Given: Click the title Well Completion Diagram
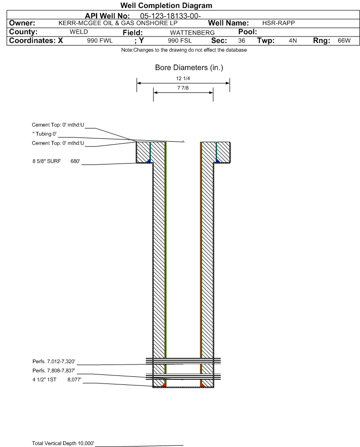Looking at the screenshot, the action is pyautogui.click(x=166, y=5).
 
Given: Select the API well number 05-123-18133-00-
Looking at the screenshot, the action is pyautogui.click(x=170, y=16).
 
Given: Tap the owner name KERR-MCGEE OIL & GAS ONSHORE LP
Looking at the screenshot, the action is pyautogui.click(x=118, y=23).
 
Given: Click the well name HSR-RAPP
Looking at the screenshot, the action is pyautogui.click(x=278, y=23).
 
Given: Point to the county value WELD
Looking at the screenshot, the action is pyautogui.click(x=79, y=32).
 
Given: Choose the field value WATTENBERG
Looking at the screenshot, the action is pyautogui.click(x=192, y=33).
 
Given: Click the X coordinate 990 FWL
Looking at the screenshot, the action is pyautogui.click(x=100, y=41).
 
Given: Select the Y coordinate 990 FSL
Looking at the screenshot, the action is pyautogui.click(x=180, y=41).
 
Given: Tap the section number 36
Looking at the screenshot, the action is pyautogui.click(x=241, y=41).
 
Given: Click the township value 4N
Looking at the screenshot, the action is pyautogui.click(x=293, y=41).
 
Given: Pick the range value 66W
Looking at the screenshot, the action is pyautogui.click(x=344, y=41).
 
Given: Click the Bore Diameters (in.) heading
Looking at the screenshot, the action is pyautogui.click(x=189, y=68).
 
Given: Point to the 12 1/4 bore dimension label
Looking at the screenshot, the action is pyautogui.click(x=183, y=78).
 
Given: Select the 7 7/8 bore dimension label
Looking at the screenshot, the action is pyautogui.click(x=183, y=88).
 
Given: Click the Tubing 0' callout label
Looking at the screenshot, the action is pyautogui.click(x=45, y=134).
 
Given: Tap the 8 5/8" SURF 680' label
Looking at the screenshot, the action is pyautogui.click(x=56, y=161).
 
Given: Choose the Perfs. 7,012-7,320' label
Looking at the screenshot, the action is pyautogui.click(x=54, y=362).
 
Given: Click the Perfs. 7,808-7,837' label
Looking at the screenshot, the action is pyautogui.click(x=54, y=371).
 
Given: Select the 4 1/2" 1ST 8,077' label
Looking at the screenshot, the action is pyautogui.click(x=57, y=380).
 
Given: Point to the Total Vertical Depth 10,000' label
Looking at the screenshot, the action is pyautogui.click(x=63, y=443).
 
